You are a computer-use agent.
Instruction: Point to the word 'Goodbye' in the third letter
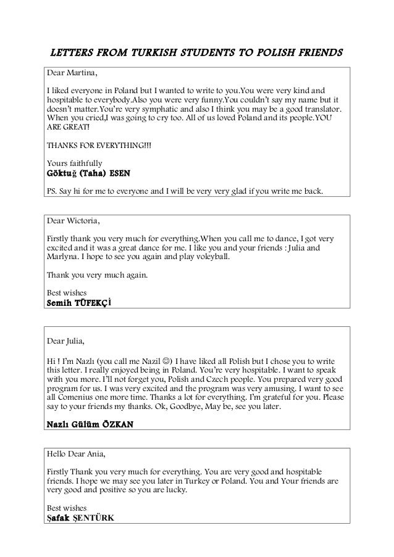coord(211,408)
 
